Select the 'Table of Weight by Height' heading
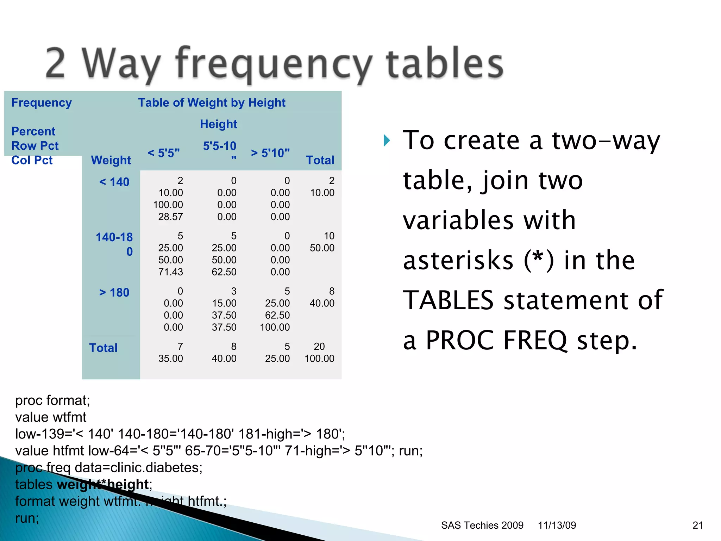pos(212,102)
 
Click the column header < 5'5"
pos(163,153)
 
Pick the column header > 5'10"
pos(270,153)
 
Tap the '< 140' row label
pos(114,182)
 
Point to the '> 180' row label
pos(114,292)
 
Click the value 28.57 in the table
pos(170,217)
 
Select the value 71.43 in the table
pos(170,272)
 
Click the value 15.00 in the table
pos(224,303)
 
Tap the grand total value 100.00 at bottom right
pos(319,358)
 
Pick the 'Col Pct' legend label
pos(32,160)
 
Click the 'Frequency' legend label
pos(42,102)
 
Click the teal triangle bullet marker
pos(387,141)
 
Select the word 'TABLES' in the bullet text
pos(448,300)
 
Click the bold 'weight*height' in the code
pos(102,484)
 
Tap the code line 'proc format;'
pos(53,400)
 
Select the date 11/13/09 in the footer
pos(557,525)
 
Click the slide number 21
pos(697,525)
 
